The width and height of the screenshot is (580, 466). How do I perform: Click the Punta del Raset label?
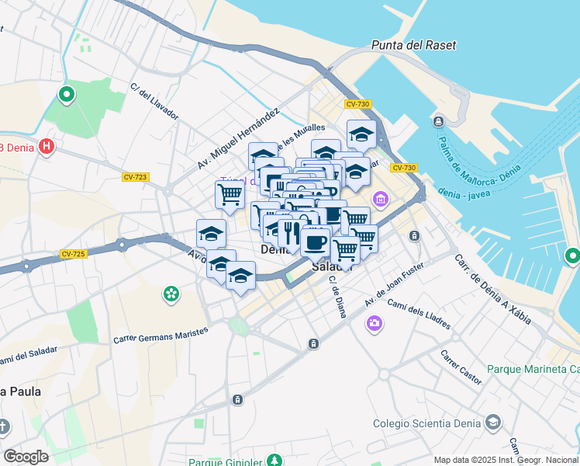click(x=413, y=45)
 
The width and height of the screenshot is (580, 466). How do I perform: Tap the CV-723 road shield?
click(x=135, y=177)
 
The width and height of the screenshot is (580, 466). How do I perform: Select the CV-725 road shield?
click(x=73, y=254)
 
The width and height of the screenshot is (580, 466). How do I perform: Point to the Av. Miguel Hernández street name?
click(x=237, y=139)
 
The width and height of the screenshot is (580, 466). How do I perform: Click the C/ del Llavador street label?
click(x=154, y=101)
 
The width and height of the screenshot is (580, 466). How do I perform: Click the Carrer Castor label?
click(x=461, y=367)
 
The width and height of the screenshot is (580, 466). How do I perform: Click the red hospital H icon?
click(x=47, y=145)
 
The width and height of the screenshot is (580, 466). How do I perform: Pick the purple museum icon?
click(x=380, y=200)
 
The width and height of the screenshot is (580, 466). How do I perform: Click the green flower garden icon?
click(x=171, y=294)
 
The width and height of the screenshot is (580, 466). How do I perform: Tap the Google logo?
click(x=26, y=457)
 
